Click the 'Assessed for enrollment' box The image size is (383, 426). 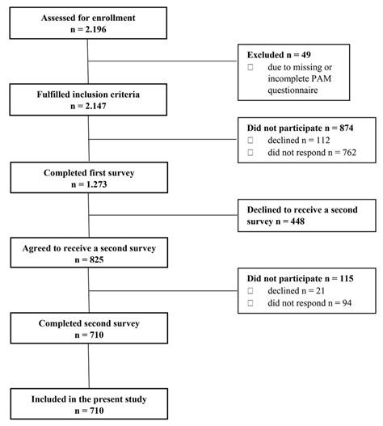86,21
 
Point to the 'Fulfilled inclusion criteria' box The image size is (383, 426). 86,100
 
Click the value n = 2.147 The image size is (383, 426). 86,108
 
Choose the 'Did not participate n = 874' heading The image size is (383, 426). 300,127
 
